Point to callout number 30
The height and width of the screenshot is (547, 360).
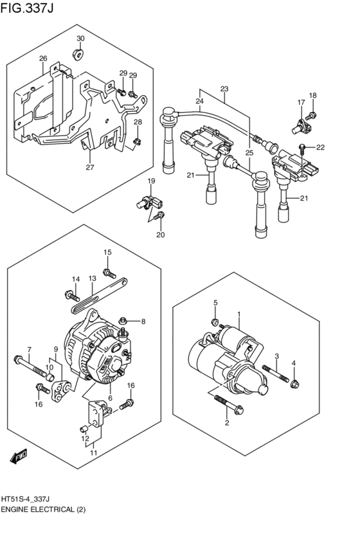(80, 39)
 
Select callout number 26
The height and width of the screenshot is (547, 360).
(43, 59)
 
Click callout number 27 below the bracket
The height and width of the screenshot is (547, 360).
(90, 168)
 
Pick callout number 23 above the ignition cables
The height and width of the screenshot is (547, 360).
(224, 89)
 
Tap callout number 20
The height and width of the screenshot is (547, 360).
(161, 235)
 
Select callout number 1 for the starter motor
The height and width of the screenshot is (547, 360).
(239, 315)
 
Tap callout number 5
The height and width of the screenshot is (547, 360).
(216, 303)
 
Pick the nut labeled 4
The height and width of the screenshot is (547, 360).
(294, 384)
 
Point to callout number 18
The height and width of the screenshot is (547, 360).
(313, 96)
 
